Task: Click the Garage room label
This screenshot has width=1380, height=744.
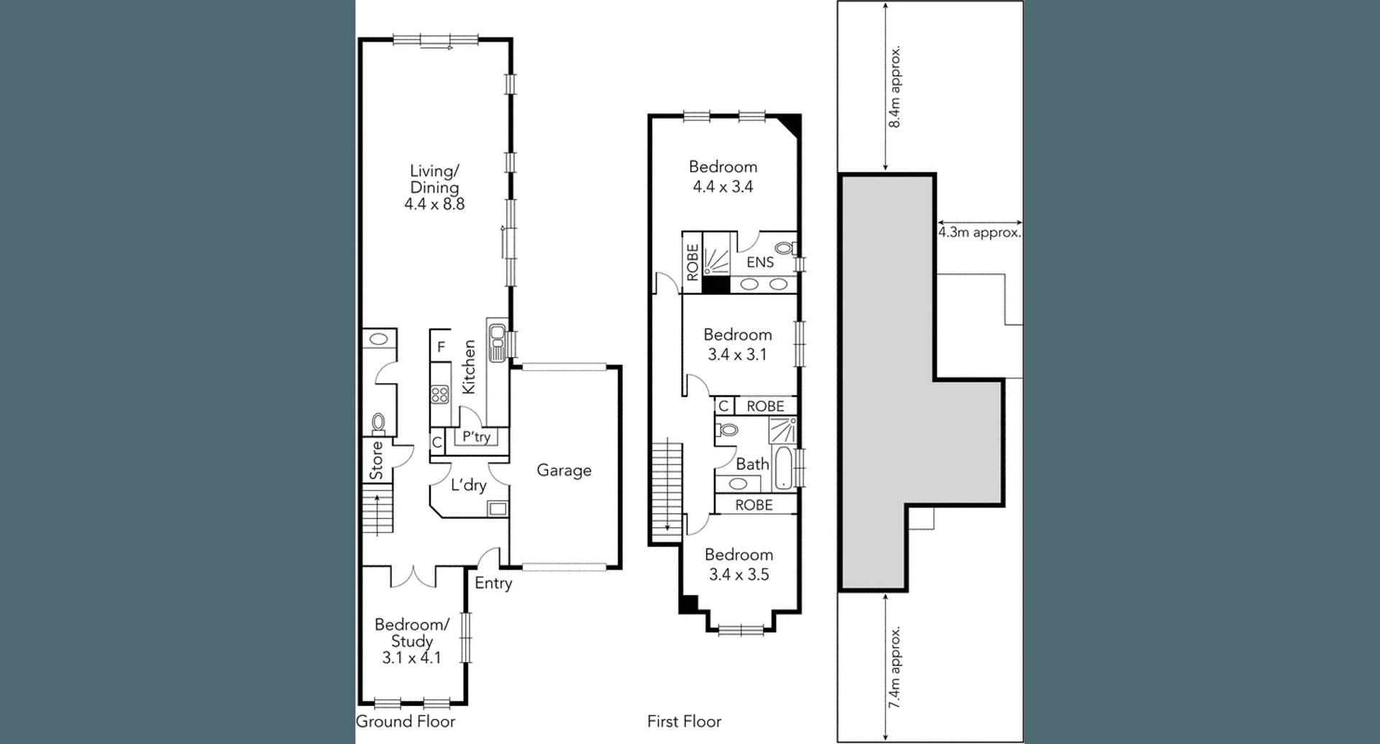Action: coord(564,471)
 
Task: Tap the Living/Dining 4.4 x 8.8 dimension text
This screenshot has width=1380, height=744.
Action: coord(434,204)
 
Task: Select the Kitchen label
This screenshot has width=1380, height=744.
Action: coord(469,367)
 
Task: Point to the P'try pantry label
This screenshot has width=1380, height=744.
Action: coord(476,436)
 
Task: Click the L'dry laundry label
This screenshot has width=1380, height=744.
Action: coord(469,485)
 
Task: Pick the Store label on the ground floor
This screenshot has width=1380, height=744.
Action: coord(377,461)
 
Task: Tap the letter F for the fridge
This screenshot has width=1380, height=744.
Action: coord(441,347)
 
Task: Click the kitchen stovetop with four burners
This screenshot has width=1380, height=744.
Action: coord(439,394)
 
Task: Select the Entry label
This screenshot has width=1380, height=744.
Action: coord(493,583)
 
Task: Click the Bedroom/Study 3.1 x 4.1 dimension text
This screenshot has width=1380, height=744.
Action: coord(411,658)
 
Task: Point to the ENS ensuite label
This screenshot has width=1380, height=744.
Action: coord(760,262)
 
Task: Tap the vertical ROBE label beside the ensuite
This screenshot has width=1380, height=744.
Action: coord(693,262)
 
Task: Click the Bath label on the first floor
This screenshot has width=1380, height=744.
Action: coord(752,464)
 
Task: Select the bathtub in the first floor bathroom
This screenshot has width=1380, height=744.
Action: coord(785,467)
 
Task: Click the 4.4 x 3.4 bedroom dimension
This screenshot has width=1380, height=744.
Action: coord(723,187)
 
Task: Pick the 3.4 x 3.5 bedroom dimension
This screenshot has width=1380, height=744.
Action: coord(739,574)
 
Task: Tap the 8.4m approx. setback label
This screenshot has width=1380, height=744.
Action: coord(895,87)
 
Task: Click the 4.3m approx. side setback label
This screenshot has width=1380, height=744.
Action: coord(979,233)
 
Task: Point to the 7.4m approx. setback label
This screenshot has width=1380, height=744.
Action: coord(895,668)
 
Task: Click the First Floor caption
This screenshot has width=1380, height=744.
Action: coord(684,722)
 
